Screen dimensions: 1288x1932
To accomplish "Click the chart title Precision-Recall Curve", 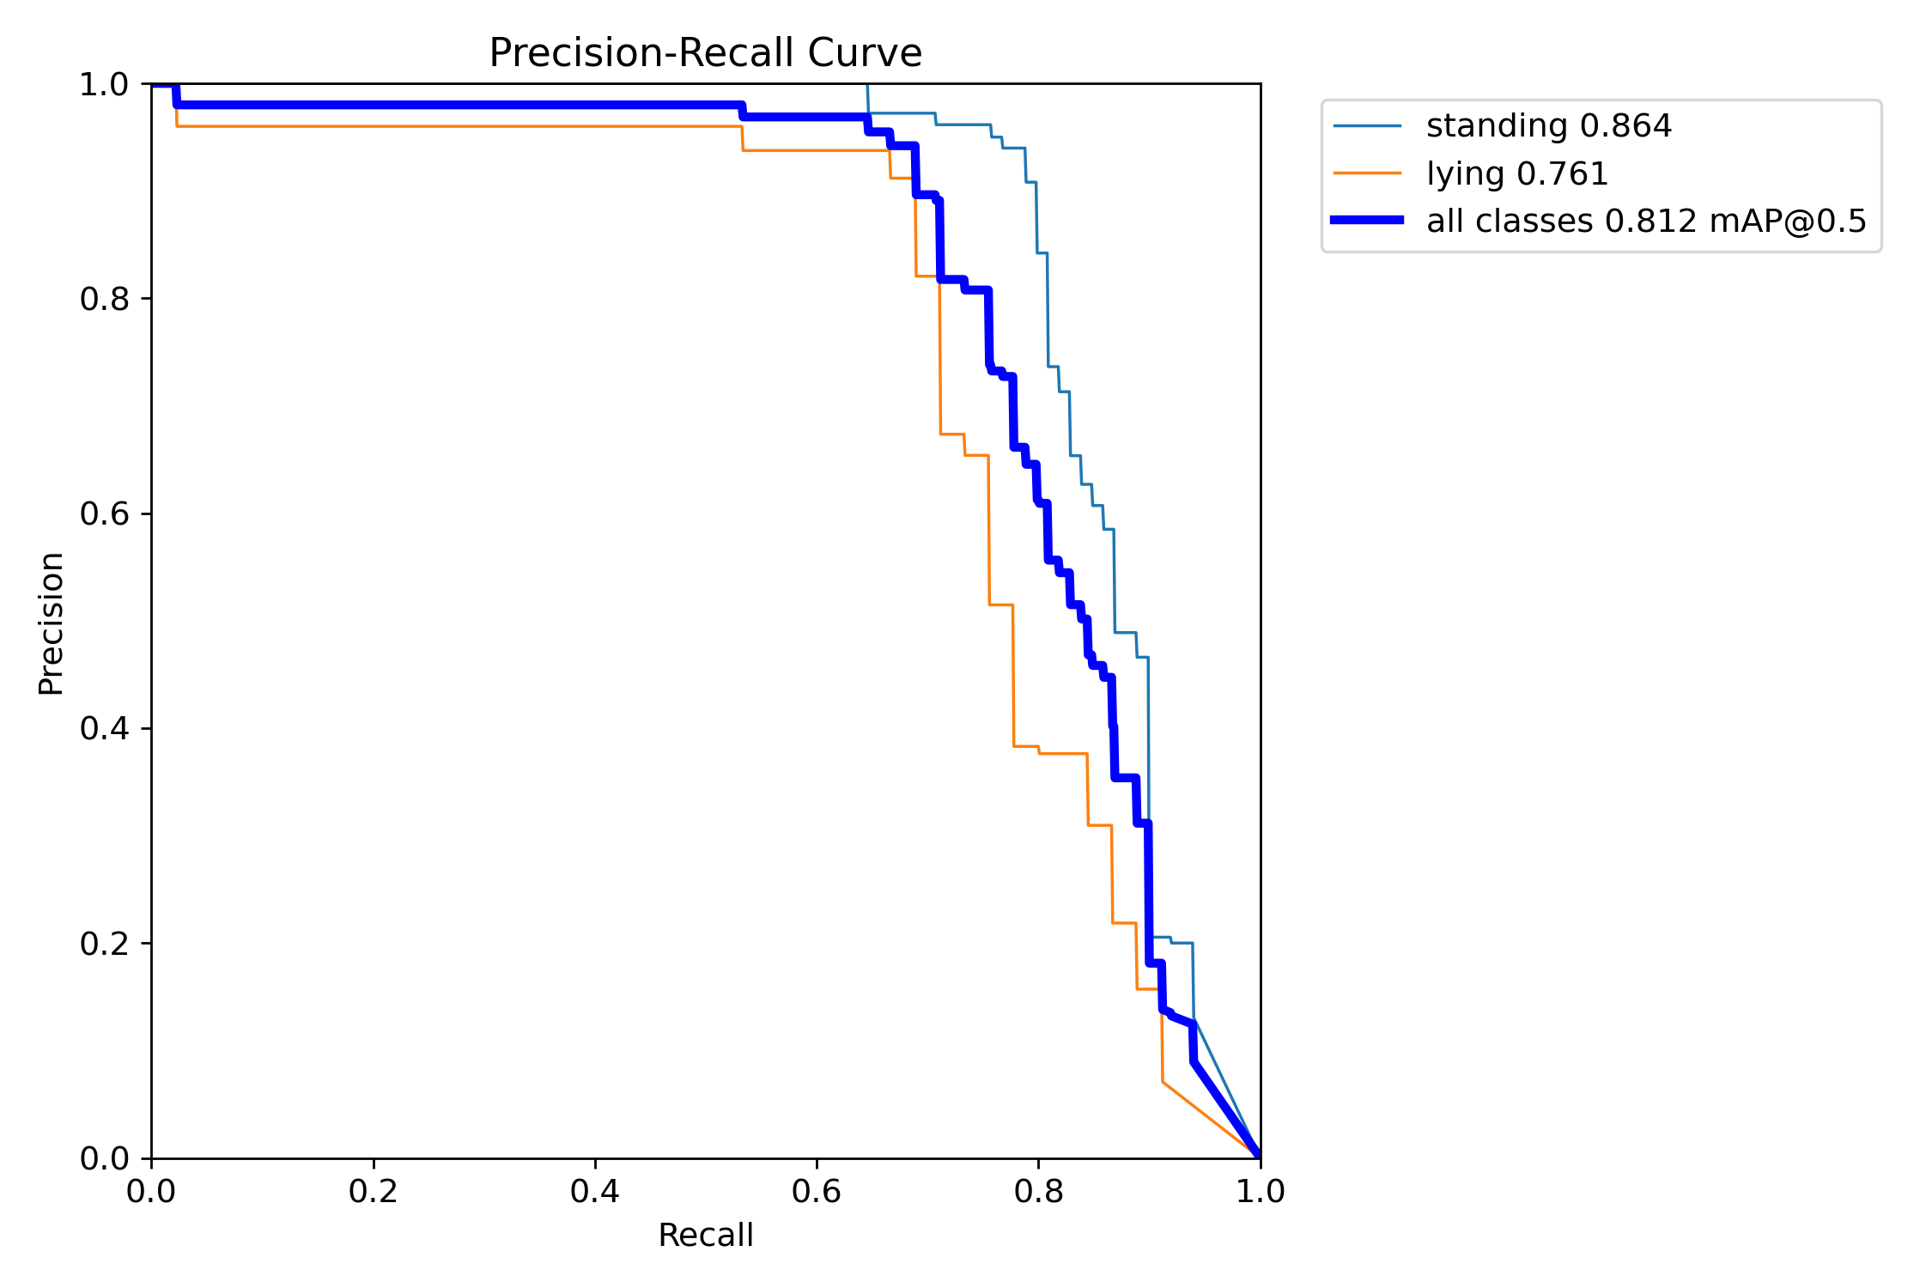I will click(x=705, y=53).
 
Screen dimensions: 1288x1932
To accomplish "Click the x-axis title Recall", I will click(x=705, y=1236).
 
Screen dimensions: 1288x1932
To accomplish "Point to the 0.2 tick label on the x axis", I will click(x=374, y=1192).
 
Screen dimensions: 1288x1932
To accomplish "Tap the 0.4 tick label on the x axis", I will click(x=595, y=1192).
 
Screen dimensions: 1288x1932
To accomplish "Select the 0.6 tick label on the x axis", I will click(x=817, y=1192).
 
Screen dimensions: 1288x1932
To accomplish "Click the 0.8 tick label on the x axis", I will click(x=1038, y=1192).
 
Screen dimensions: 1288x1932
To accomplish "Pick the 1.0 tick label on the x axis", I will click(x=1260, y=1192).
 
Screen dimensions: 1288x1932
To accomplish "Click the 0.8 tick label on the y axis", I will click(x=104, y=299).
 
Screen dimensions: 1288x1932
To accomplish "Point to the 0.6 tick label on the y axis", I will click(x=104, y=513).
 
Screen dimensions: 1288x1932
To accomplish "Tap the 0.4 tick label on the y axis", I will click(x=104, y=728).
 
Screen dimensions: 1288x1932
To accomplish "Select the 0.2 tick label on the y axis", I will click(x=104, y=944).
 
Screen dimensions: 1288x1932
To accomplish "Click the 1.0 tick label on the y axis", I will click(x=104, y=84).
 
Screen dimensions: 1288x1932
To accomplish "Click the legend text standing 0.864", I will click(x=1549, y=126).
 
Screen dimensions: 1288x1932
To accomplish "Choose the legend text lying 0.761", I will click(x=1517, y=173).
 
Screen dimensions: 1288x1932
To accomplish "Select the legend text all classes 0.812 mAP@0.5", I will click(x=1646, y=222).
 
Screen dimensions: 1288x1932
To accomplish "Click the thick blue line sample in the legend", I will click(x=1367, y=221).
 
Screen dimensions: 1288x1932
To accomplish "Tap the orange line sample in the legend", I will click(x=1367, y=173).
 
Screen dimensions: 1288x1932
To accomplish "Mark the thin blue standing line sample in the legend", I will click(x=1367, y=126).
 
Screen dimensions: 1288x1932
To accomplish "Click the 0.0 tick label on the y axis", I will click(x=104, y=1158).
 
